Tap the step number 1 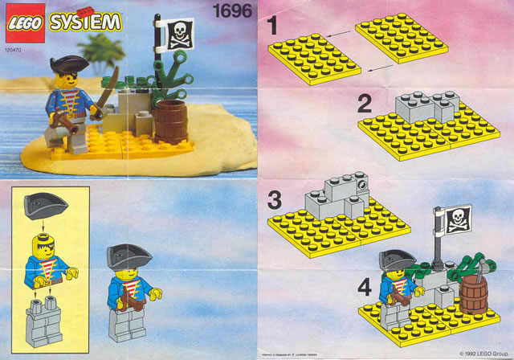pyautogui.click(x=274, y=27)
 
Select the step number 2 pyautogui.click(x=365, y=103)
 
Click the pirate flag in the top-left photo pyautogui.click(x=178, y=35)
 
